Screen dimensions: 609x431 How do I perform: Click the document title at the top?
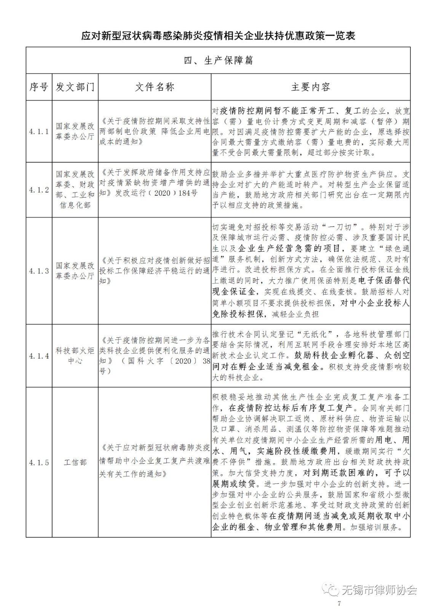click(x=218, y=36)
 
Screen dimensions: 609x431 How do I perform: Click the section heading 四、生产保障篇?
click(x=218, y=60)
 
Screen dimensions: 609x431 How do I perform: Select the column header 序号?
click(x=39, y=87)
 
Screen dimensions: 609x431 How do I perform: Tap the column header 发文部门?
click(x=75, y=87)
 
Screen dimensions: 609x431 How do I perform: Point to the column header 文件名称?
click(x=155, y=87)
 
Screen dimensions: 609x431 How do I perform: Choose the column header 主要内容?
click(x=311, y=87)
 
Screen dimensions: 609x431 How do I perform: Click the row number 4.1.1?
click(x=39, y=132)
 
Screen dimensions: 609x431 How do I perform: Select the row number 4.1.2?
click(x=39, y=190)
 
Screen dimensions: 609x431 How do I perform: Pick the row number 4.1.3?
click(x=39, y=271)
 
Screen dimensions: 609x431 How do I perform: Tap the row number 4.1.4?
click(x=39, y=356)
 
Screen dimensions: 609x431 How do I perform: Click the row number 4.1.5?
click(x=39, y=462)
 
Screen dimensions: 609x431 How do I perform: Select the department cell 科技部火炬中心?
click(x=75, y=356)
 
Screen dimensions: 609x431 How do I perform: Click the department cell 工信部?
click(x=75, y=462)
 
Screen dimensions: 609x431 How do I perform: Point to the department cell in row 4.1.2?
click(x=75, y=190)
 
